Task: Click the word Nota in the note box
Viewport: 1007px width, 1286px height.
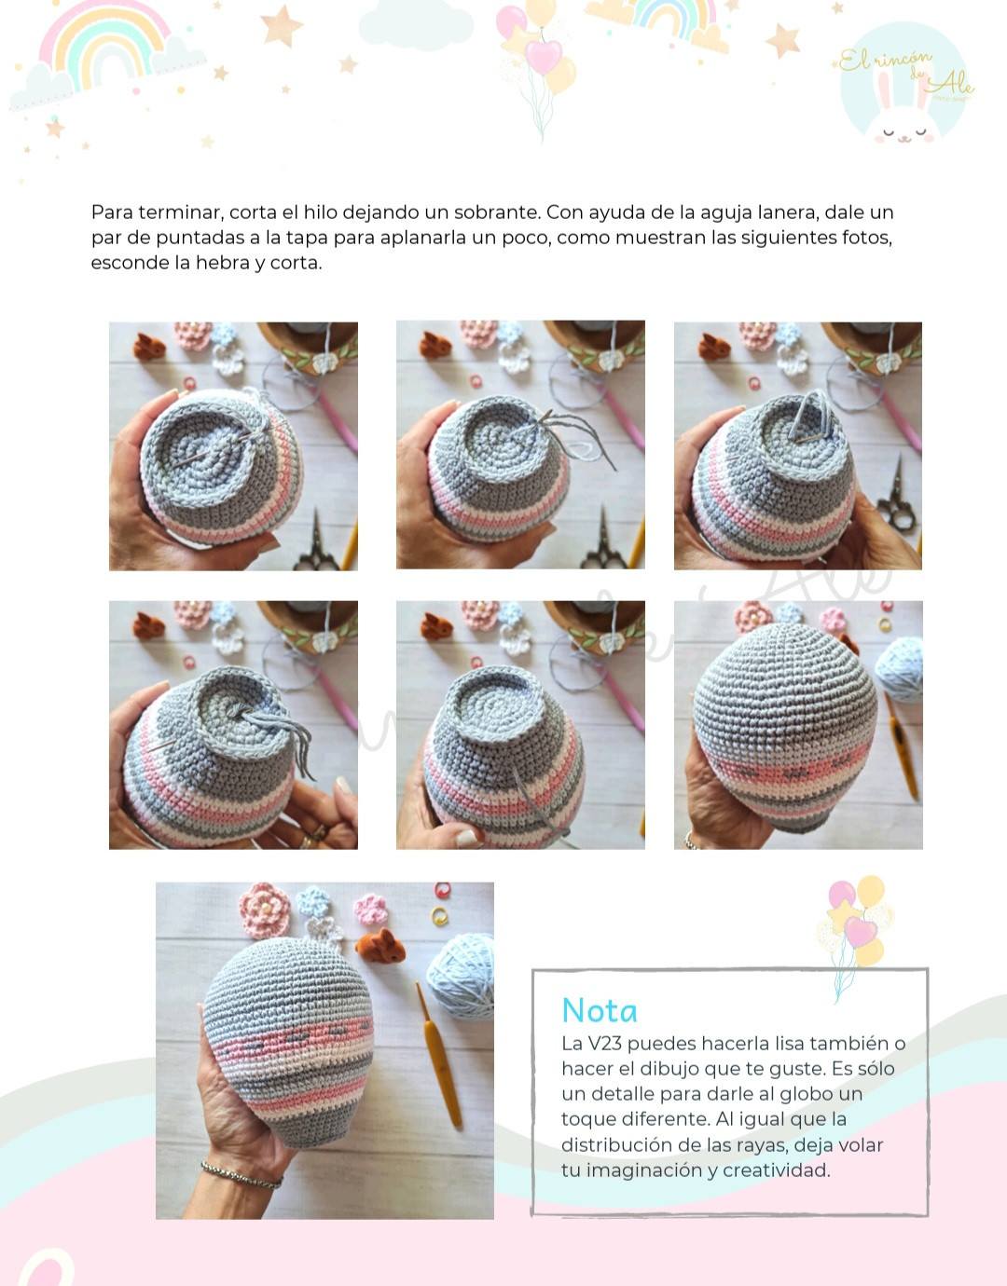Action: (x=600, y=1010)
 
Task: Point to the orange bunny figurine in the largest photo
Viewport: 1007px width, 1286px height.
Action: (x=380, y=946)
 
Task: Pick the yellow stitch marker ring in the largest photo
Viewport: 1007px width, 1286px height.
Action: (x=438, y=915)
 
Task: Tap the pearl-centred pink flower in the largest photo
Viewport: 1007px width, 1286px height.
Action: (x=265, y=910)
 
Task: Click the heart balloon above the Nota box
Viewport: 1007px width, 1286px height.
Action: (x=860, y=931)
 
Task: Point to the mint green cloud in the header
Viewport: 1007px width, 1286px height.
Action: (x=416, y=25)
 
